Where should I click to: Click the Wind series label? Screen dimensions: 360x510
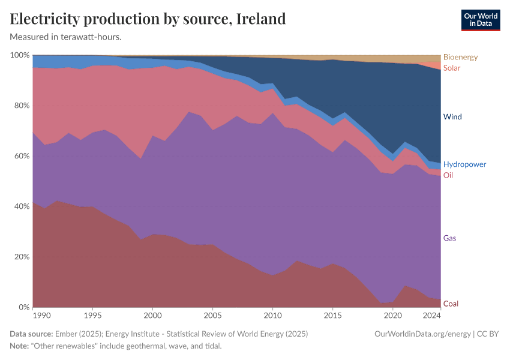click(452, 116)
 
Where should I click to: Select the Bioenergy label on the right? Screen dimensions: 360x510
click(460, 57)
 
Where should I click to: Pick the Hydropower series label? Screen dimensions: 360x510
click(464, 164)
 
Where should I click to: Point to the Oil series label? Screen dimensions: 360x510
click(448, 175)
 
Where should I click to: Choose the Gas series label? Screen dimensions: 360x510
click(449, 238)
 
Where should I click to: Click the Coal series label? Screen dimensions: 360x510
click(451, 304)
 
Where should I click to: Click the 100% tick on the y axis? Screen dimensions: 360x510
click(20, 55)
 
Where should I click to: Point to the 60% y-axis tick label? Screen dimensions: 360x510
click(21, 156)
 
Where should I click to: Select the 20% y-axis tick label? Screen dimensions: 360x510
click(21, 257)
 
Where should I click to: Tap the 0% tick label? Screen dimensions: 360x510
click(23, 307)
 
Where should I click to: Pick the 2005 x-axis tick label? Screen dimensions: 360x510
click(212, 316)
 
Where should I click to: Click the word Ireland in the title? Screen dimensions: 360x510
click(261, 19)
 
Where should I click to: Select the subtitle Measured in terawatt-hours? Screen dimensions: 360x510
click(66, 37)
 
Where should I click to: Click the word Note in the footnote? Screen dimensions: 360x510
click(19, 346)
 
